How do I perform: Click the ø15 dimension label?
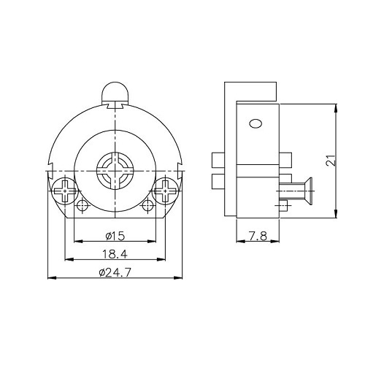click(x=115, y=236)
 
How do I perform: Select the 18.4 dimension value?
click(x=115, y=254)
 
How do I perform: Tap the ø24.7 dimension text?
click(x=115, y=272)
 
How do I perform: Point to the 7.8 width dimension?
click(x=258, y=236)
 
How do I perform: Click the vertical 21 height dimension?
click(x=331, y=160)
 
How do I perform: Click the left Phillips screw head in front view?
click(x=65, y=191)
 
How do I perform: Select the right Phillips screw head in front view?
click(x=166, y=191)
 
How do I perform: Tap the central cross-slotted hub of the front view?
click(x=115, y=171)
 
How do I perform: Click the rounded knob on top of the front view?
click(x=115, y=93)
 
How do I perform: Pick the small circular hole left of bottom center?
click(x=82, y=206)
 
